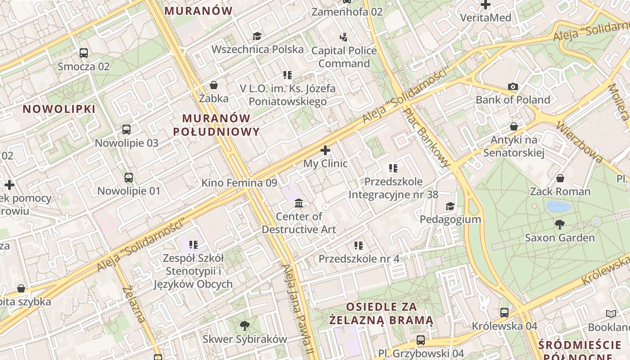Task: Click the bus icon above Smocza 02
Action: [x=84, y=53]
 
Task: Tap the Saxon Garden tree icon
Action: [x=560, y=224]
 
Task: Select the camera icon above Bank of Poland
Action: [x=513, y=86]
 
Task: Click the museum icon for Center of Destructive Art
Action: [x=299, y=203]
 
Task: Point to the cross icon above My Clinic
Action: [x=325, y=150]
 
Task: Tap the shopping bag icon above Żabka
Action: [x=214, y=85]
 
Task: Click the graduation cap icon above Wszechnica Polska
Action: [x=257, y=36]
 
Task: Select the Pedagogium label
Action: [x=450, y=219]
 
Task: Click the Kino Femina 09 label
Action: [x=239, y=183]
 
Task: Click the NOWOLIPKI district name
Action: [x=59, y=109]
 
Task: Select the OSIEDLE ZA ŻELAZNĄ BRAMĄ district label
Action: [x=381, y=314]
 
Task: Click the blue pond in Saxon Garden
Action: [x=558, y=207]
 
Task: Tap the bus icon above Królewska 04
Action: [x=504, y=312]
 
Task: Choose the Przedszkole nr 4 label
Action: [x=359, y=259]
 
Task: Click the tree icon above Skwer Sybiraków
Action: [x=245, y=325]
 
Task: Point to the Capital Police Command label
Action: [x=344, y=57]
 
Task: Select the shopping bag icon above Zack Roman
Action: [x=560, y=179]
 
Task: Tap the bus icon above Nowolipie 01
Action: [x=129, y=178]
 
